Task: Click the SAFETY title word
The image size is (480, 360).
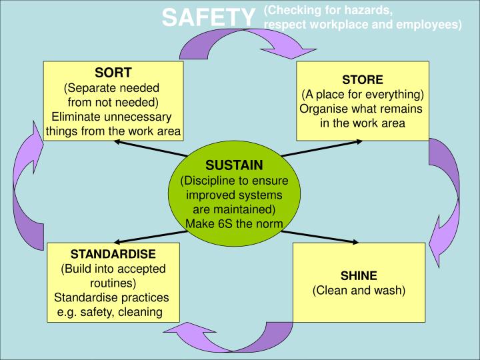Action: [x=209, y=17]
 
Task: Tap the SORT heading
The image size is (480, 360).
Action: [x=113, y=73]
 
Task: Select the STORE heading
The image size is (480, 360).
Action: [x=363, y=79]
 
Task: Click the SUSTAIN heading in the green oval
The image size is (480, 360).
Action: [x=234, y=165]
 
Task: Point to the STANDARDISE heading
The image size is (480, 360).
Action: [x=113, y=254]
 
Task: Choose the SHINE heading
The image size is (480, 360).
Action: [x=359, y=276]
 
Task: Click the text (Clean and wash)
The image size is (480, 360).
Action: [x=359, y=290]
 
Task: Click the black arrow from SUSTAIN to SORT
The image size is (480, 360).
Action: [x=150, y=149]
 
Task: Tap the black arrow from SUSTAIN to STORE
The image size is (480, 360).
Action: [x=322, y=149]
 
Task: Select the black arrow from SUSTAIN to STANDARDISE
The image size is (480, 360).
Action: [x=150, y=237]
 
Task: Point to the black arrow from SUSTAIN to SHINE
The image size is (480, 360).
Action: [x=319, y=237]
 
